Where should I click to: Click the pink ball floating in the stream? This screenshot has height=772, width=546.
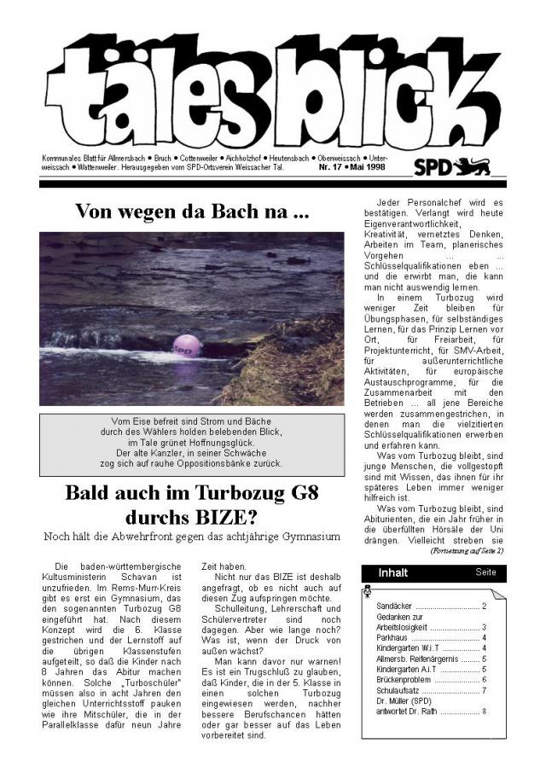[187, 345]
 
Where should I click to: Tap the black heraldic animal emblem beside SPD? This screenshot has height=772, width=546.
[473, 166]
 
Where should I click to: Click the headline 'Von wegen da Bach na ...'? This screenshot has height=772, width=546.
[192, 212]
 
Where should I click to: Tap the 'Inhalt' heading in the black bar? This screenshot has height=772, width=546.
[393, 572]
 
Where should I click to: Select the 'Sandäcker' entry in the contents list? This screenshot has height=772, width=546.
[394, 606]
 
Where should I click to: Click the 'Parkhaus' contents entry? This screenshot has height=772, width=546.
[393, 637]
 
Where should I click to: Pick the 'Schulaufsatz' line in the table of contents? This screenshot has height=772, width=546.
[398, 689]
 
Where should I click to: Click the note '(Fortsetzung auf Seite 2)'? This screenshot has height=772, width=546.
[468, 552]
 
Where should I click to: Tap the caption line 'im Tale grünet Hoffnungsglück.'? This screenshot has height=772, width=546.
[192, 443]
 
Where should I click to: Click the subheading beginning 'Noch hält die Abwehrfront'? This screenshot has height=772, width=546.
[191, 536]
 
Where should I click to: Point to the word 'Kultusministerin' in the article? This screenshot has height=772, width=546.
[81, 578]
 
